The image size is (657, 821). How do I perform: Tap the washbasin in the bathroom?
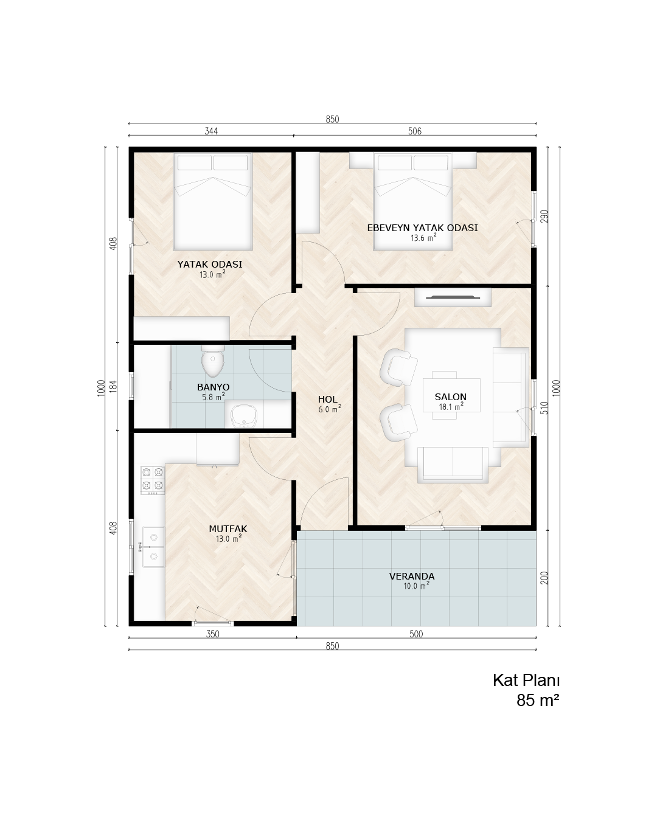coord(243,416)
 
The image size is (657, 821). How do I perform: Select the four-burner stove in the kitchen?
coord(152,480)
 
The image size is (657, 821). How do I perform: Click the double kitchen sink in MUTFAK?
coord(153,547)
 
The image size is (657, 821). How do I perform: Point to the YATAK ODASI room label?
coord(210,264)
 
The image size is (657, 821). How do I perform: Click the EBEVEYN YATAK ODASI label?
coord(422,228)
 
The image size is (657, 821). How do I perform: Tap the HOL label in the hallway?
coord(327,399)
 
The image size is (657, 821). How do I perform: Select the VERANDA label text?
coord(411,576)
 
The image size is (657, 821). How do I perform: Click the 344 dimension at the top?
coord(211,131)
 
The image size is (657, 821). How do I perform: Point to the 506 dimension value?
coord(415,131)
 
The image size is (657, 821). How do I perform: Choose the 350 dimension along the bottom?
coord(213,634)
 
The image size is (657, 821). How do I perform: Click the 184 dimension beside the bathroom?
coord(113,386)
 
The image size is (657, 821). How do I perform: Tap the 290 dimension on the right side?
coord(544,217)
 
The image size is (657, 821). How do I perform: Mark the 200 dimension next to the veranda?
coord(544,578)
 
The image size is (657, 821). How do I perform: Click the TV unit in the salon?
coord(453,297)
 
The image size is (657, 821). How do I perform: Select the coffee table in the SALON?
coord(451,395)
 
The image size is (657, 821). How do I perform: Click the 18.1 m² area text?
coord(451,406)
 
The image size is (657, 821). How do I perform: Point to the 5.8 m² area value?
coord(213,397)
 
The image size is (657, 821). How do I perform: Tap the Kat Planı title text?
coord(526,681)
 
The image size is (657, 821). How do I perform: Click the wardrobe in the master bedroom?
coord(308,192)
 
